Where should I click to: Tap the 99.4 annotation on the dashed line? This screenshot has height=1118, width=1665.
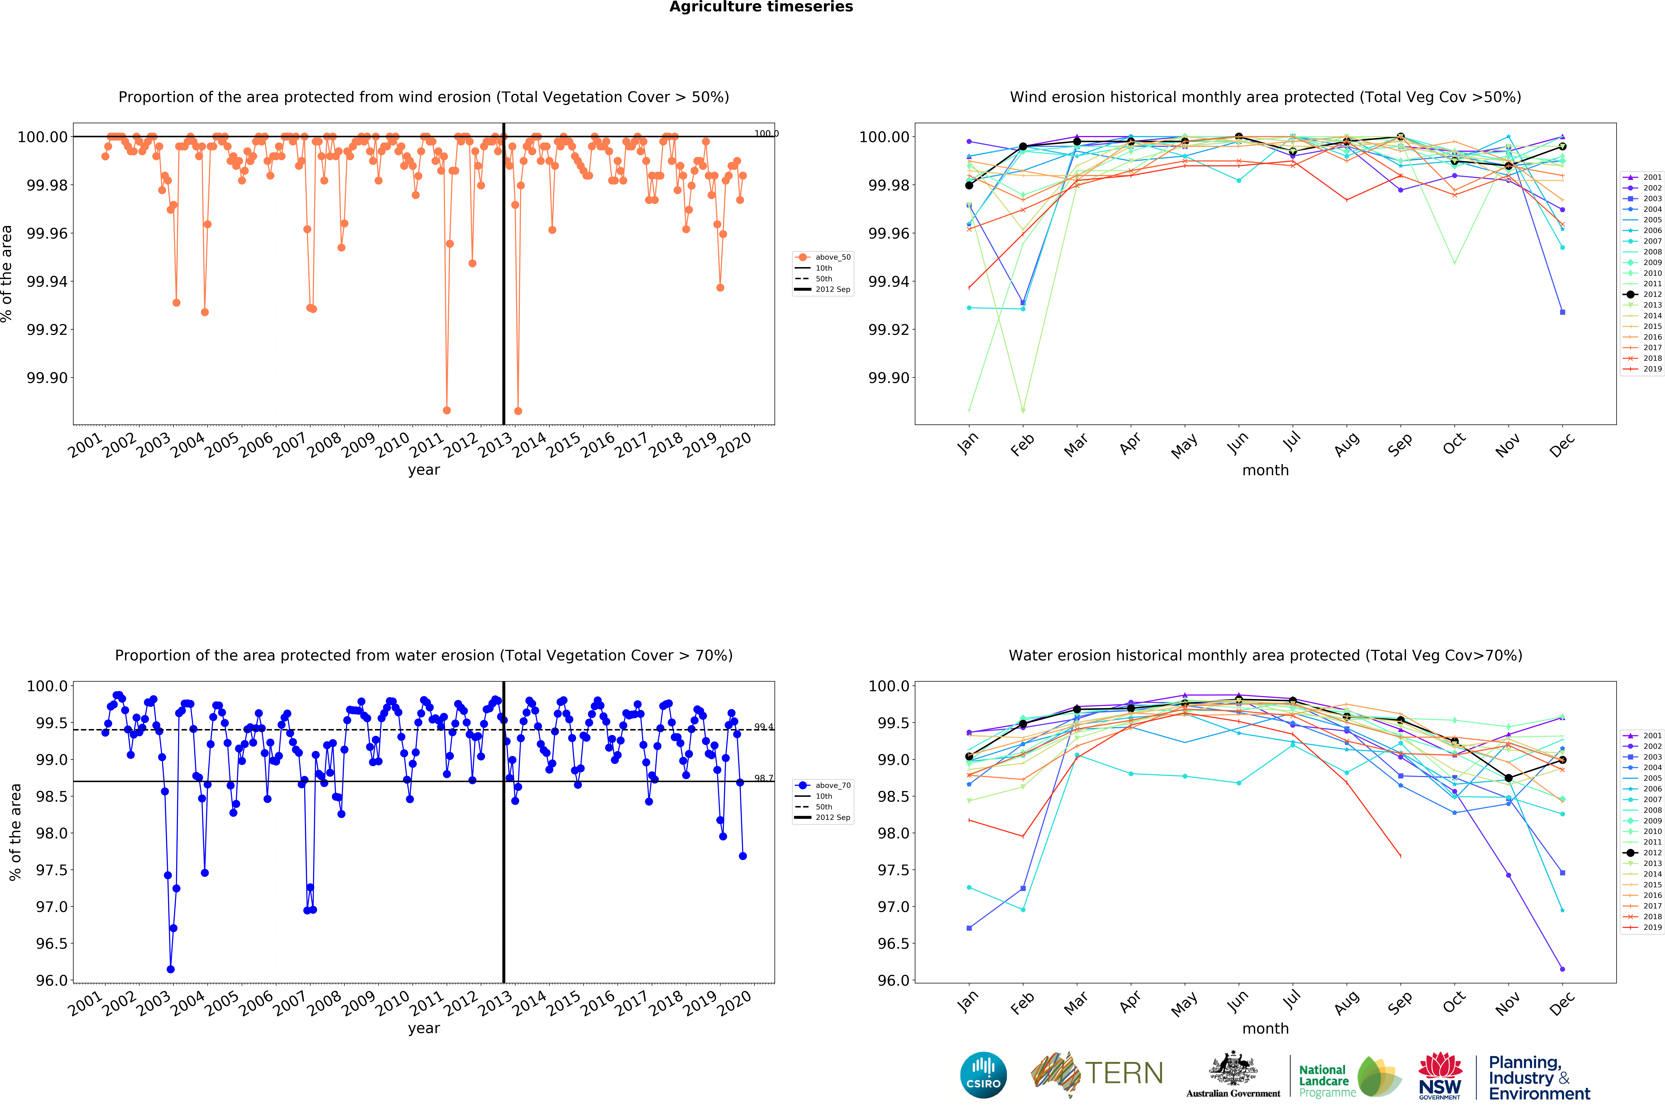click(x=763, y=727)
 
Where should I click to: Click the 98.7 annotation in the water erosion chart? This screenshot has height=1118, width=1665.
click(x=763, y=778)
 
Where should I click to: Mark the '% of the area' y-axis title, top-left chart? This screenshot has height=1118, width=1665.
click(x=7, y=274)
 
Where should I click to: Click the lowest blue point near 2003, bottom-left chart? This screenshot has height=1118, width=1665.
click(x=170, y=969)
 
